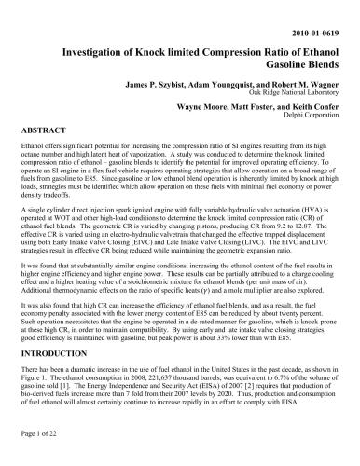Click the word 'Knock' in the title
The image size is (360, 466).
click(162, 55)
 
